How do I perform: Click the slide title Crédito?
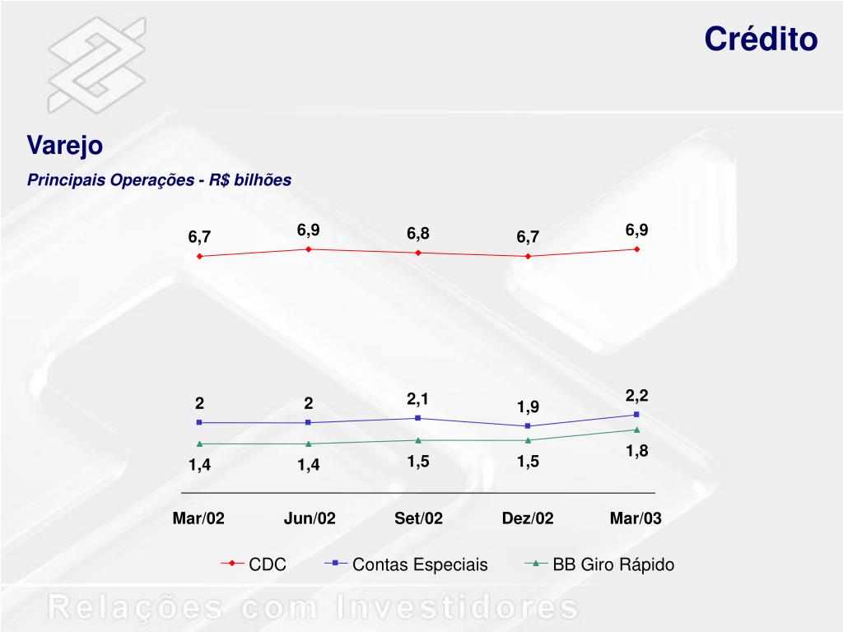[761, 39]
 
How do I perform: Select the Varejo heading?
[65, 146]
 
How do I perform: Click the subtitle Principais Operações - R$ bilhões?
[159, 180]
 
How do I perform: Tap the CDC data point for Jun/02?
[308, 249]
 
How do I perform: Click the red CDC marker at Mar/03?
[637, 249]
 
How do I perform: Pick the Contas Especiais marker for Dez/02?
[528, 425]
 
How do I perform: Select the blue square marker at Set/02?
[418, 418]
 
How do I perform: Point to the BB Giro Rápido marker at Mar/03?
[637, 430]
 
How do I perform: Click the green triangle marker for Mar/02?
[199, 444]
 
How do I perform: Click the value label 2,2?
[637, 396]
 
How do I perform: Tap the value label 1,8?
[637, 451]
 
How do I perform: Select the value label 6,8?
[418, 234]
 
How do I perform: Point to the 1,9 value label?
[528, 407]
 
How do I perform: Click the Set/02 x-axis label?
[418, 518]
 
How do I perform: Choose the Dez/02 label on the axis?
[528, 518]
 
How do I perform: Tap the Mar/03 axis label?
[636, 518]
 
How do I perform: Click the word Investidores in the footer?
[457, 608]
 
